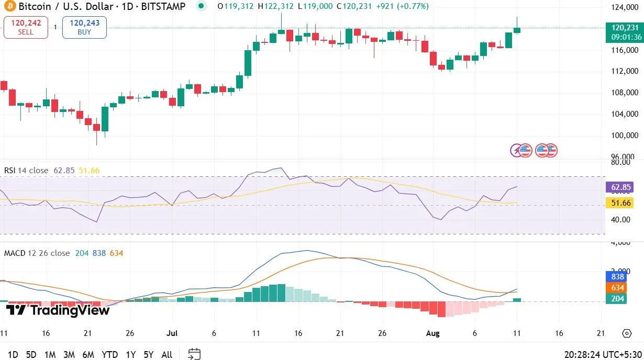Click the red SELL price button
click(x=26, y=27)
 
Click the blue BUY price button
click(x=84, y=27)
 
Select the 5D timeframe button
click(x=31, y=354)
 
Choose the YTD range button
click(x=109, y=354)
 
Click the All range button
click(x=166, y=354)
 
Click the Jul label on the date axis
click(x=173, y=333)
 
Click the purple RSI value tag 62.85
click(x=620, y=187)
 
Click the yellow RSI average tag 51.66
click(x=620, y=203)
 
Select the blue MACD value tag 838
click(x=618, y=277)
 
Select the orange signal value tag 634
click(x=618, y=287)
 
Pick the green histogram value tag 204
click(x=618, y=298)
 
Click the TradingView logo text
click(x=58, y=310)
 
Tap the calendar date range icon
click(x=194, y=354)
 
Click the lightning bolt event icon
click(x=516, y=151)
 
